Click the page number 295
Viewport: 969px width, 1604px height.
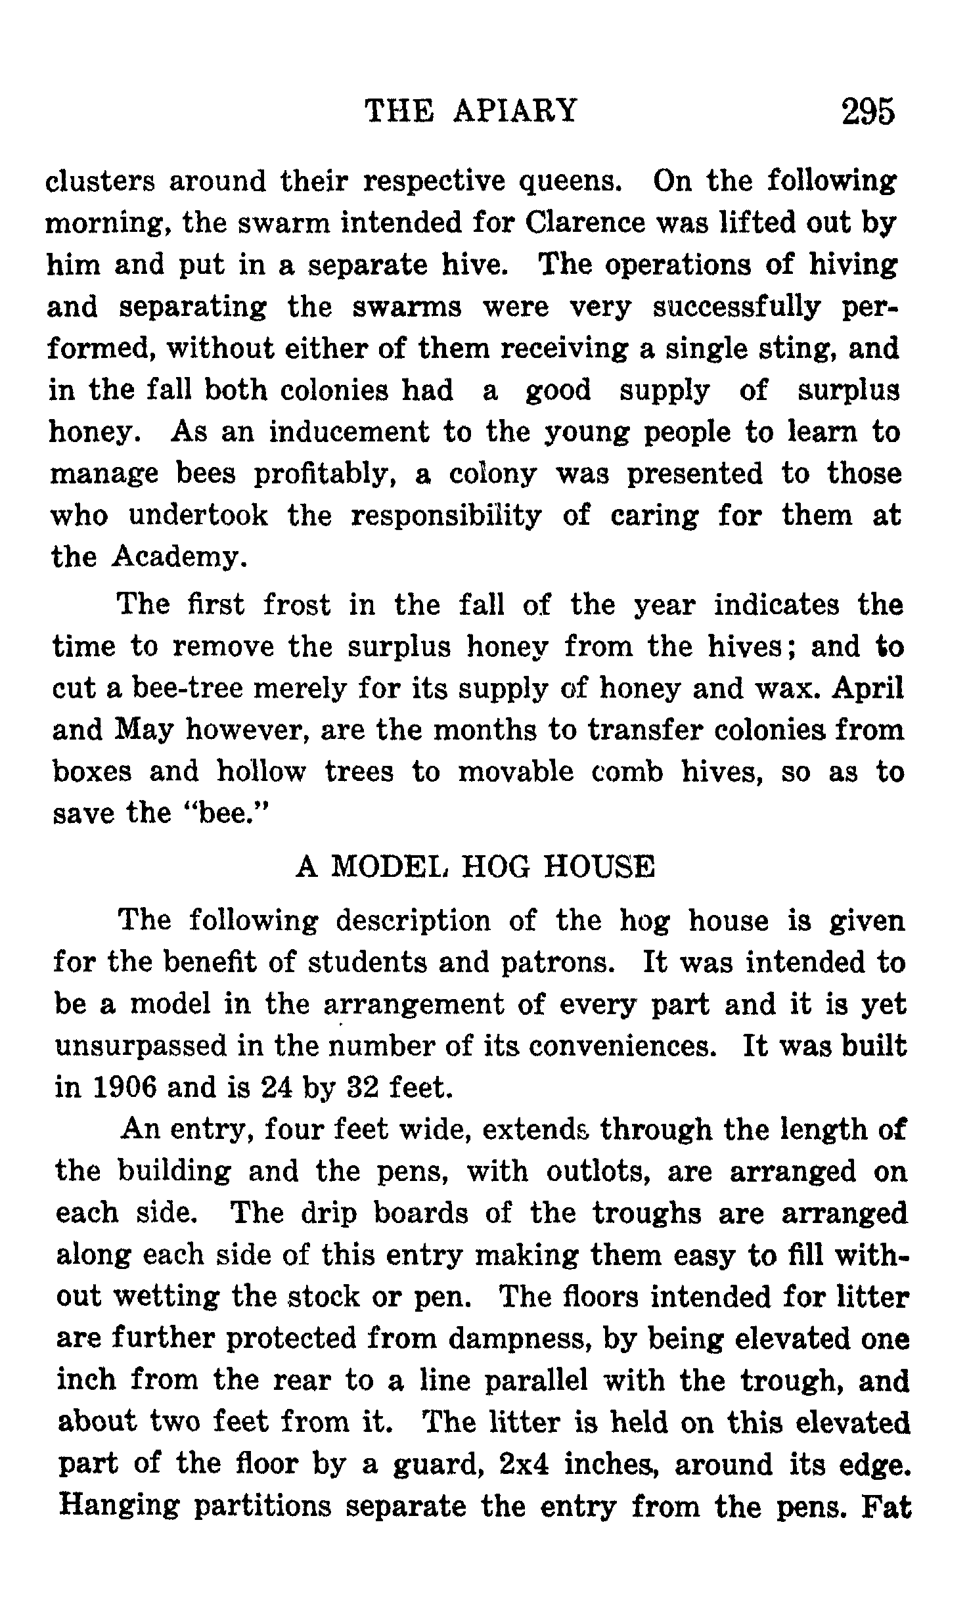pos(868,111)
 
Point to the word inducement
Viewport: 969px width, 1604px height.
pos(349,432)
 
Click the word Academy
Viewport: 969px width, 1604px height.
pos(179,558)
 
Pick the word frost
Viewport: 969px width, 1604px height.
pos(297,605)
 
